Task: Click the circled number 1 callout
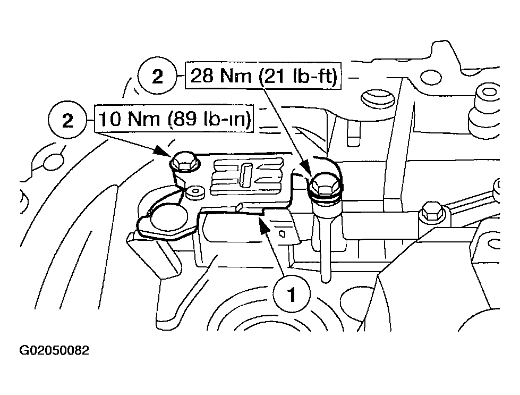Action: click(x=292, y=294)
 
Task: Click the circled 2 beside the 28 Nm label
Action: click(x=157, y=77)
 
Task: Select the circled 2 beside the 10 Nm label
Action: click(x=67, y=120)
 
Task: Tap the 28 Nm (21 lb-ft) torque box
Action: click(x=263, y=75)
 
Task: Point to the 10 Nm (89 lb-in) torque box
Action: click(x=174, y=119)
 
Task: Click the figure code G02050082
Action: click(x=54, y=350)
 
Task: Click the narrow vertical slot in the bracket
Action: click(x=245, y=175)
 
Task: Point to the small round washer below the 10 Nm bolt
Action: click(x=194, y=192)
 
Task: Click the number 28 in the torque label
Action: click(x=202, y=76)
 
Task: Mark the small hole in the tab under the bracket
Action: click(x=283, y=233)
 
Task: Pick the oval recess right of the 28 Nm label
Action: click(x=377, y=98)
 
